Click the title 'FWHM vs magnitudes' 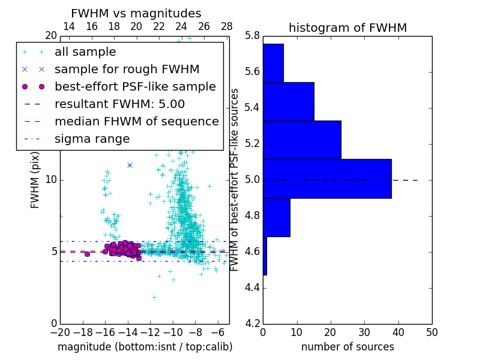(x=136, y=13)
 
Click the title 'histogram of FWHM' (x=347, y=28)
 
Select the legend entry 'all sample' (x=85, y=52)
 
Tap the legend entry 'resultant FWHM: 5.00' (x=119, y=104)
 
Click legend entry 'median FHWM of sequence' (x=136, y=121)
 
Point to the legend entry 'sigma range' (x=92, y=139)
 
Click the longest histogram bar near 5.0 (x=327, y=178)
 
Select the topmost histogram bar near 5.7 (x=273, y=63)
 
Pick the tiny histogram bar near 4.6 (x=265, y=256)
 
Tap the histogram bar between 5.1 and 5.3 (x=302, y=140)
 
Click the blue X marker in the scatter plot (x=130, y=165)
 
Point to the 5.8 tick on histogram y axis (x=253, y=36)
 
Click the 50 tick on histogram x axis (x=431, y=332)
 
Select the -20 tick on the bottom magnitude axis (x=60, y=332)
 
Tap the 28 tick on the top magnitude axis (x=227, y=26)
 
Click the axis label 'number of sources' (x=347, y=347)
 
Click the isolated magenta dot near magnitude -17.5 (x=87, y=254)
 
